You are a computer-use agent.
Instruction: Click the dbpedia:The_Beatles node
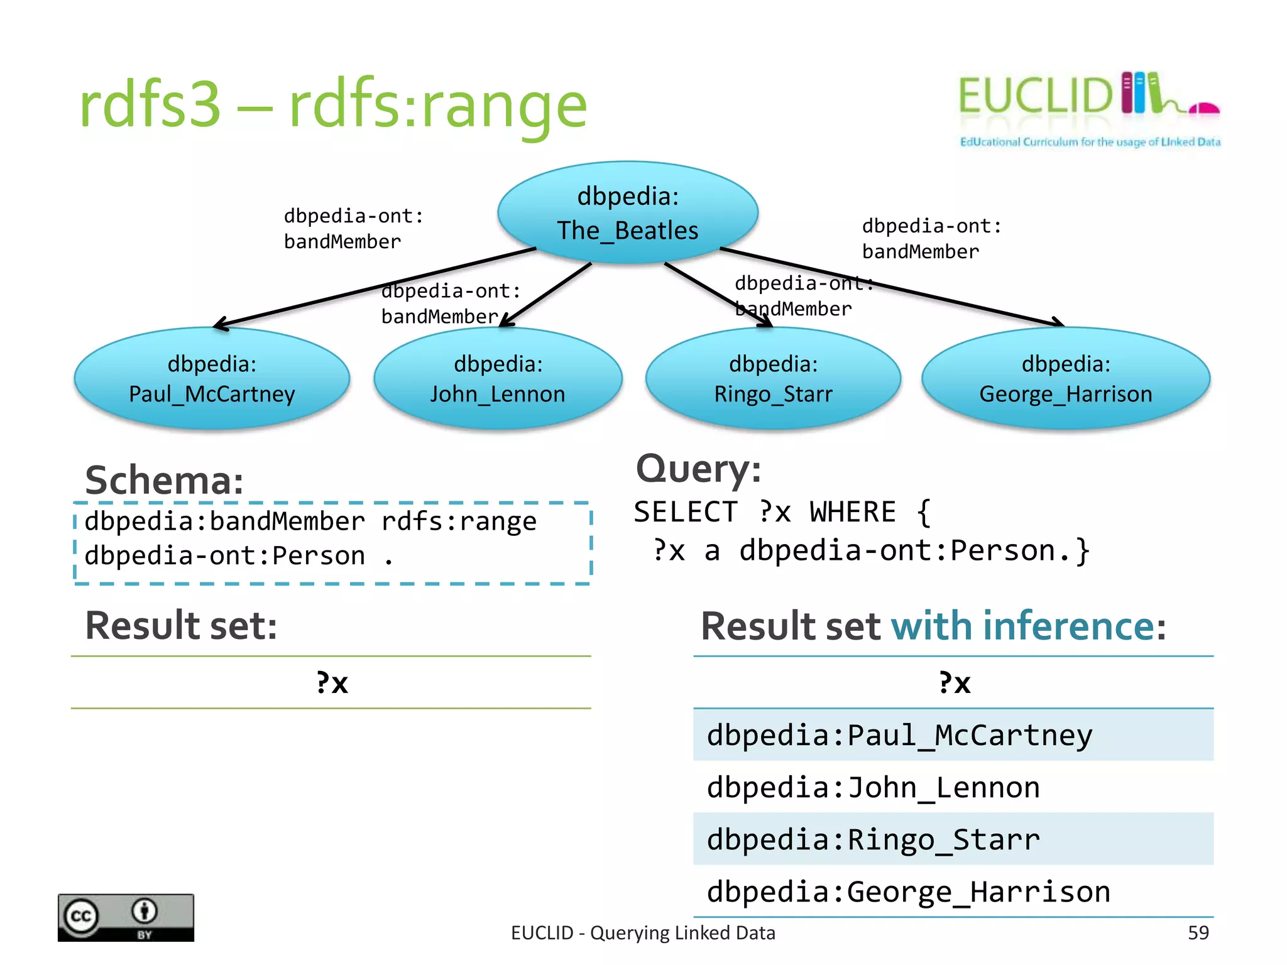point(627,212)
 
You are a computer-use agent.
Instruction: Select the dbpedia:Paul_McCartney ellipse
point(212,379)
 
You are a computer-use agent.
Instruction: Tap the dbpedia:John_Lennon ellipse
point(497,379)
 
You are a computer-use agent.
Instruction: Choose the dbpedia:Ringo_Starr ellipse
point(773,379)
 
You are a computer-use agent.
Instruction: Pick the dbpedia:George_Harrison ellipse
point(1065,379)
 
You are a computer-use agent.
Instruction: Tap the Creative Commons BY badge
point(126,917)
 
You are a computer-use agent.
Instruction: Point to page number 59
point(1198,933)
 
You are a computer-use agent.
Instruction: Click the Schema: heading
point(164,481)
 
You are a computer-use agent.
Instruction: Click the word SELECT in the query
point(685,512)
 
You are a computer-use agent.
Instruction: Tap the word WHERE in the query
point(852,512)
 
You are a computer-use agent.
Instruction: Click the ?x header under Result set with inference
point(954,683)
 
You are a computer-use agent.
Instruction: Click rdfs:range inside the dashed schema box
point(459,521)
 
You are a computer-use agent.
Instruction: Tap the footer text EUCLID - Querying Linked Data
point(643,933)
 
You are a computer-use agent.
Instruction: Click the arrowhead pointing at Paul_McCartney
point(219,325)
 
